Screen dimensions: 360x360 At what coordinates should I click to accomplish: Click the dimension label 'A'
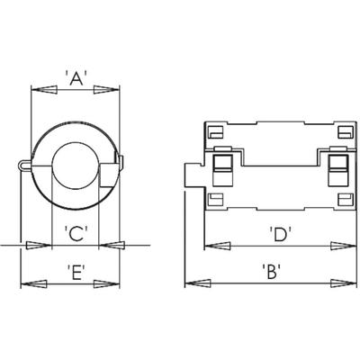tap(76, 78)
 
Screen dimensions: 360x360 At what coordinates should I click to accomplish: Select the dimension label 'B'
tap(271, 271)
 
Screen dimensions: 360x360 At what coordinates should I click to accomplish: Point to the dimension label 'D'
tap(281, 234)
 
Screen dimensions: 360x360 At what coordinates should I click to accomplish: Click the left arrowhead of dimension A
tap(44, 90)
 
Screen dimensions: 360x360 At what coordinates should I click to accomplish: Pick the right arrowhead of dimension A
tap(107, 90)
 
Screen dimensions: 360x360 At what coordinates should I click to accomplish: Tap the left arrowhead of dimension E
tap(33, 283)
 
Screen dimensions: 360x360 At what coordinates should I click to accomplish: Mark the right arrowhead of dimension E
tap(107, 283)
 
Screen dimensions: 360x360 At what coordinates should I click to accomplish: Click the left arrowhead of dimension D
tap(217, 246)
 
